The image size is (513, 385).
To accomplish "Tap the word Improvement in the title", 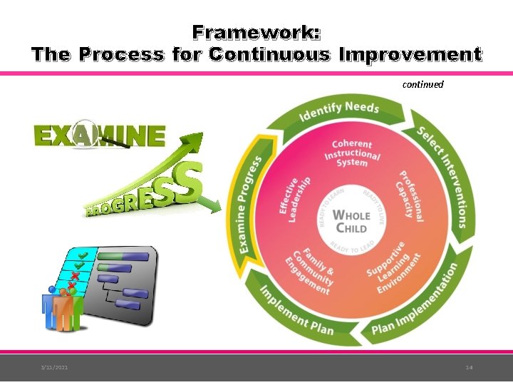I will point(411,54).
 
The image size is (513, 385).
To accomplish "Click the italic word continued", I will point(423,84).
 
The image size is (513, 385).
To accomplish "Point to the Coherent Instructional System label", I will point(351,153).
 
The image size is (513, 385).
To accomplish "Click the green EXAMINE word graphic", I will point(100,135).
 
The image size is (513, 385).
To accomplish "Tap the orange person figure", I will point(63,310).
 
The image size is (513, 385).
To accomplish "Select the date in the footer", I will point(54,367).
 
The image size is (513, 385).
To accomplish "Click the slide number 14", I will point(469,367).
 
